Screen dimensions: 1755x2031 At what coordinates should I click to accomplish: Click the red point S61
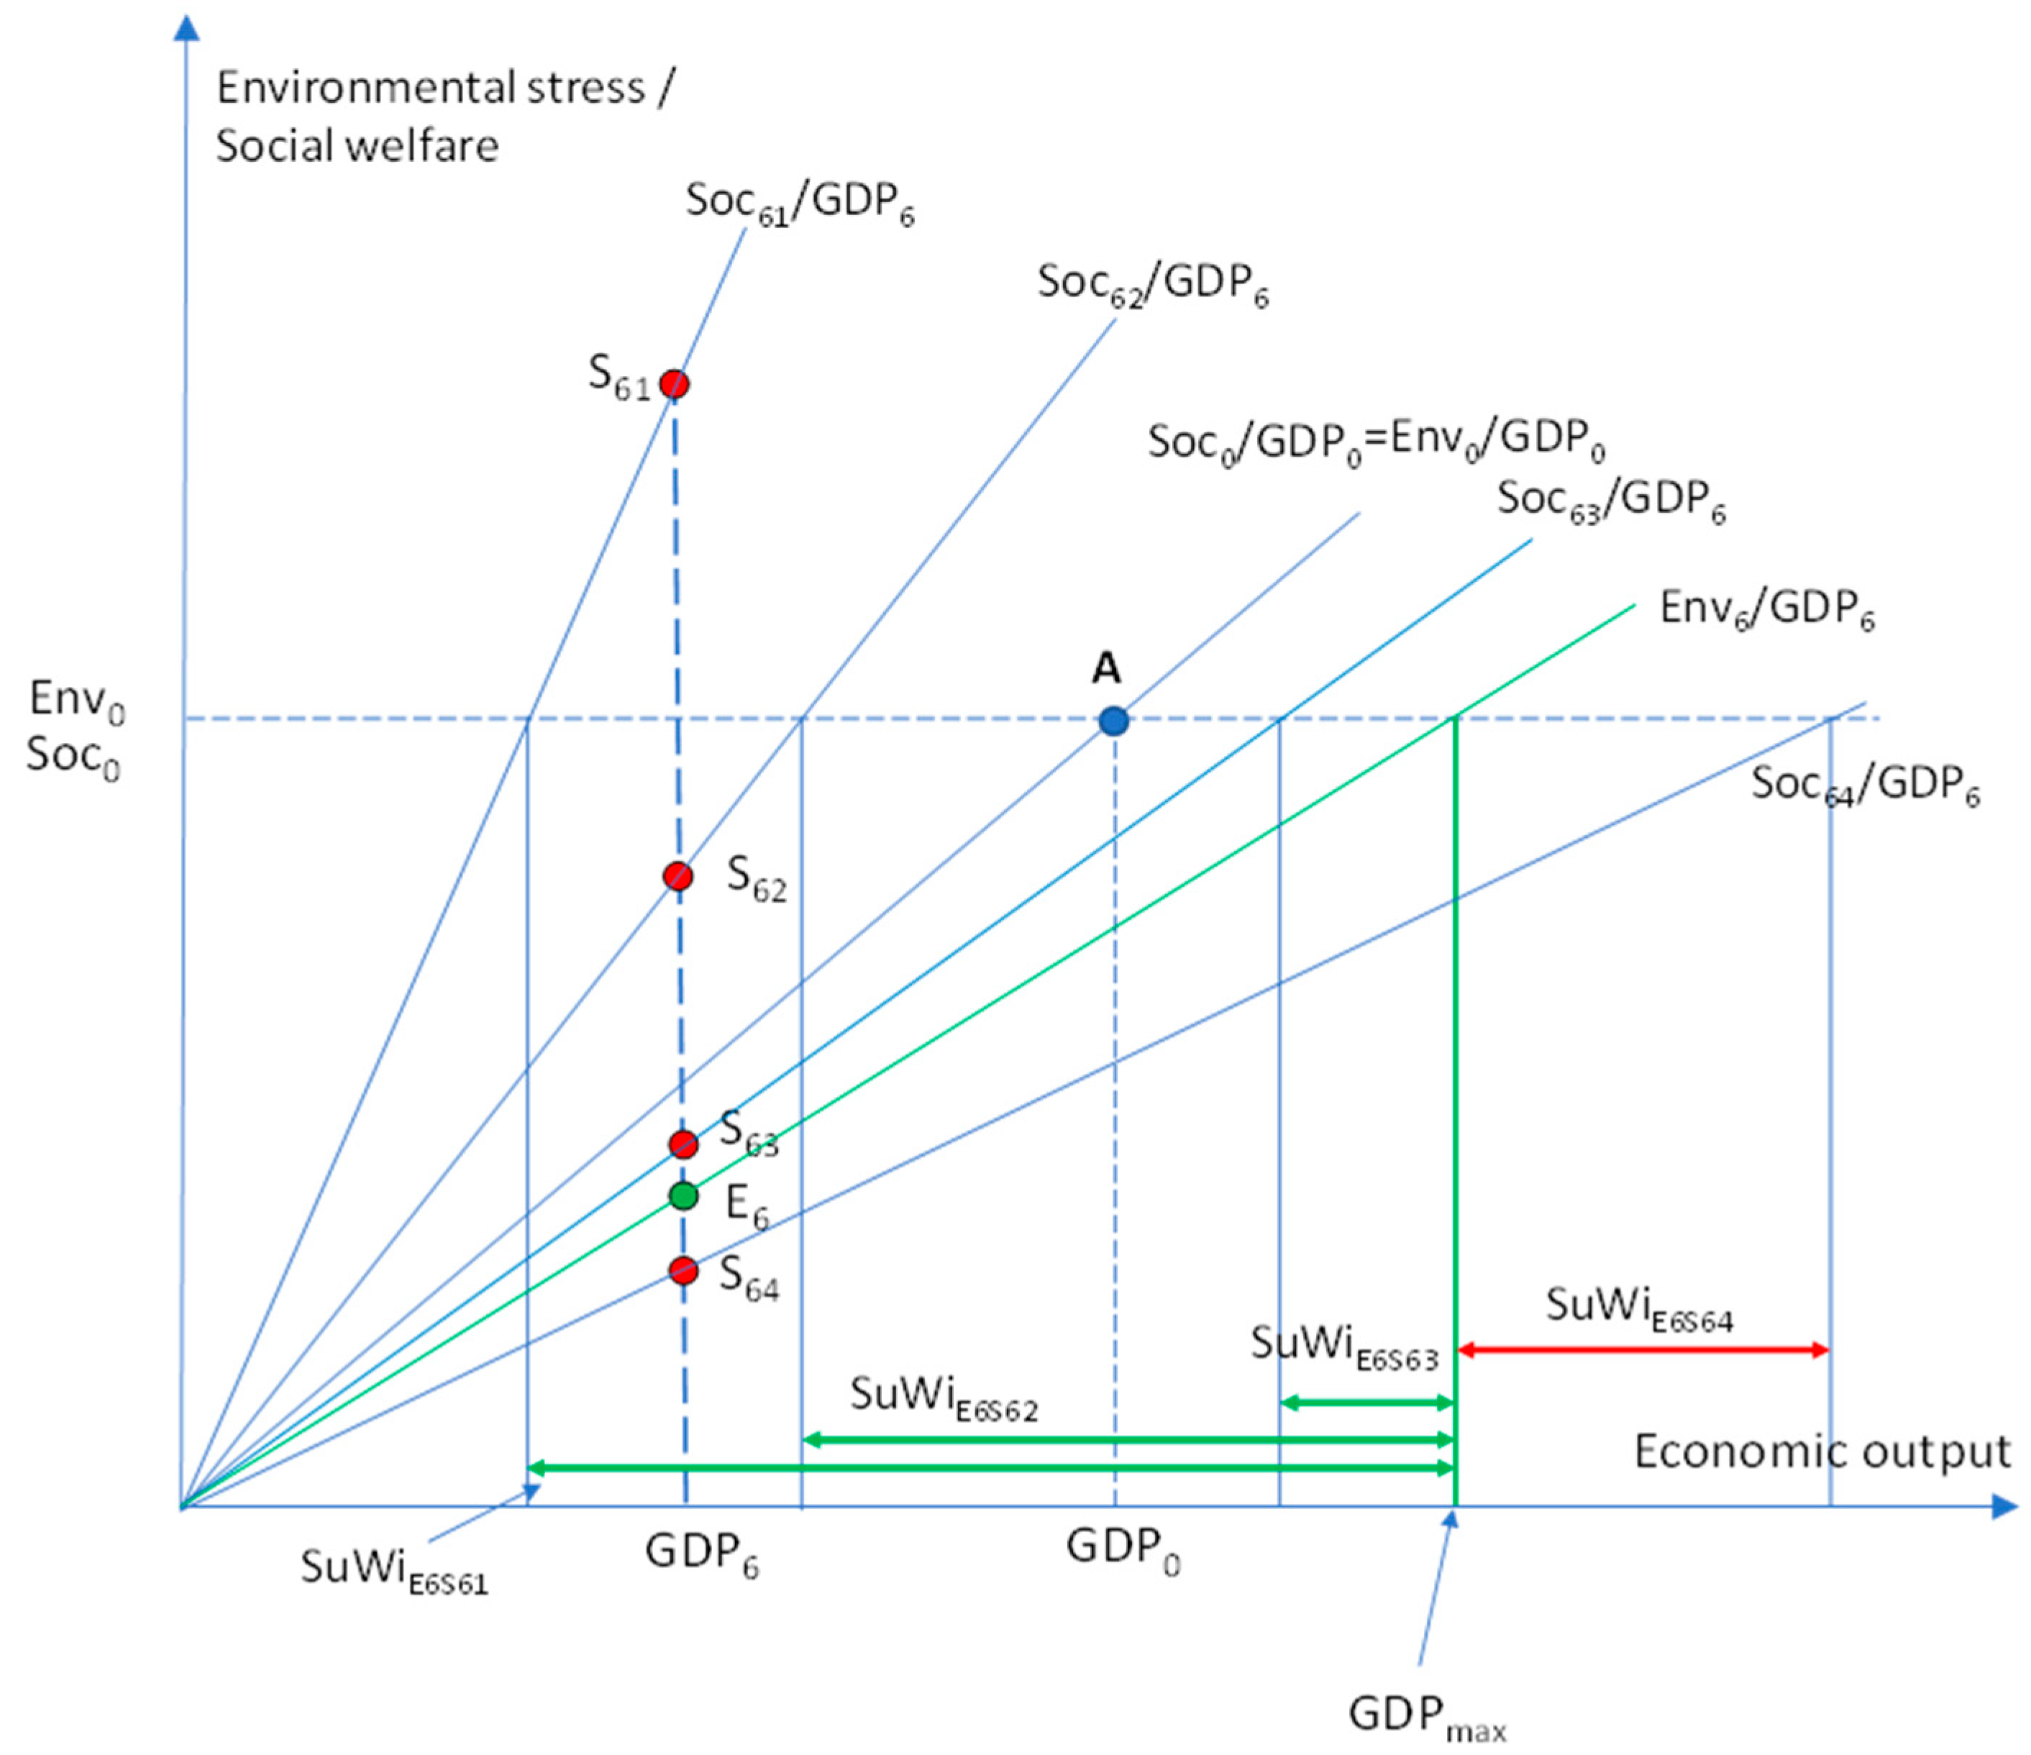pos(673,383)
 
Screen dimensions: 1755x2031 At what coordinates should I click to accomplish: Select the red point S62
pos(677,875)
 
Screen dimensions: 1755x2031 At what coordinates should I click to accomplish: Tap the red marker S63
pos(683,1143)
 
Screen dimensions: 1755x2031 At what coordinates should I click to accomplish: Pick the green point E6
pos(683,1195)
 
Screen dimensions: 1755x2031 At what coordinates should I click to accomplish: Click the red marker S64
pos(683,1271)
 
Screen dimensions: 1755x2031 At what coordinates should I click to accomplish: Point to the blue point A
pos(1113,721)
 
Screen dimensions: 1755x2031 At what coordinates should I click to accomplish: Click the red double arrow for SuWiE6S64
pos(1642,1350)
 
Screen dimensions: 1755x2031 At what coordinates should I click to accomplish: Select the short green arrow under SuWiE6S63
pos(1366,1403)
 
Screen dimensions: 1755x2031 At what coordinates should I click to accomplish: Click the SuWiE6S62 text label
pos(943,1396)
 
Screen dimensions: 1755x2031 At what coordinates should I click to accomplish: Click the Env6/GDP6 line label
pos(1766,610)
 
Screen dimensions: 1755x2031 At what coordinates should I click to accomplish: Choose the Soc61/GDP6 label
pos(800,203)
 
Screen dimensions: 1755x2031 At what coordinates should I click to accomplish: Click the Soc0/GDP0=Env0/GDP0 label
pos(1377,442)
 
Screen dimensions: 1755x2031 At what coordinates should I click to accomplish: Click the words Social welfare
pos(357,146)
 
